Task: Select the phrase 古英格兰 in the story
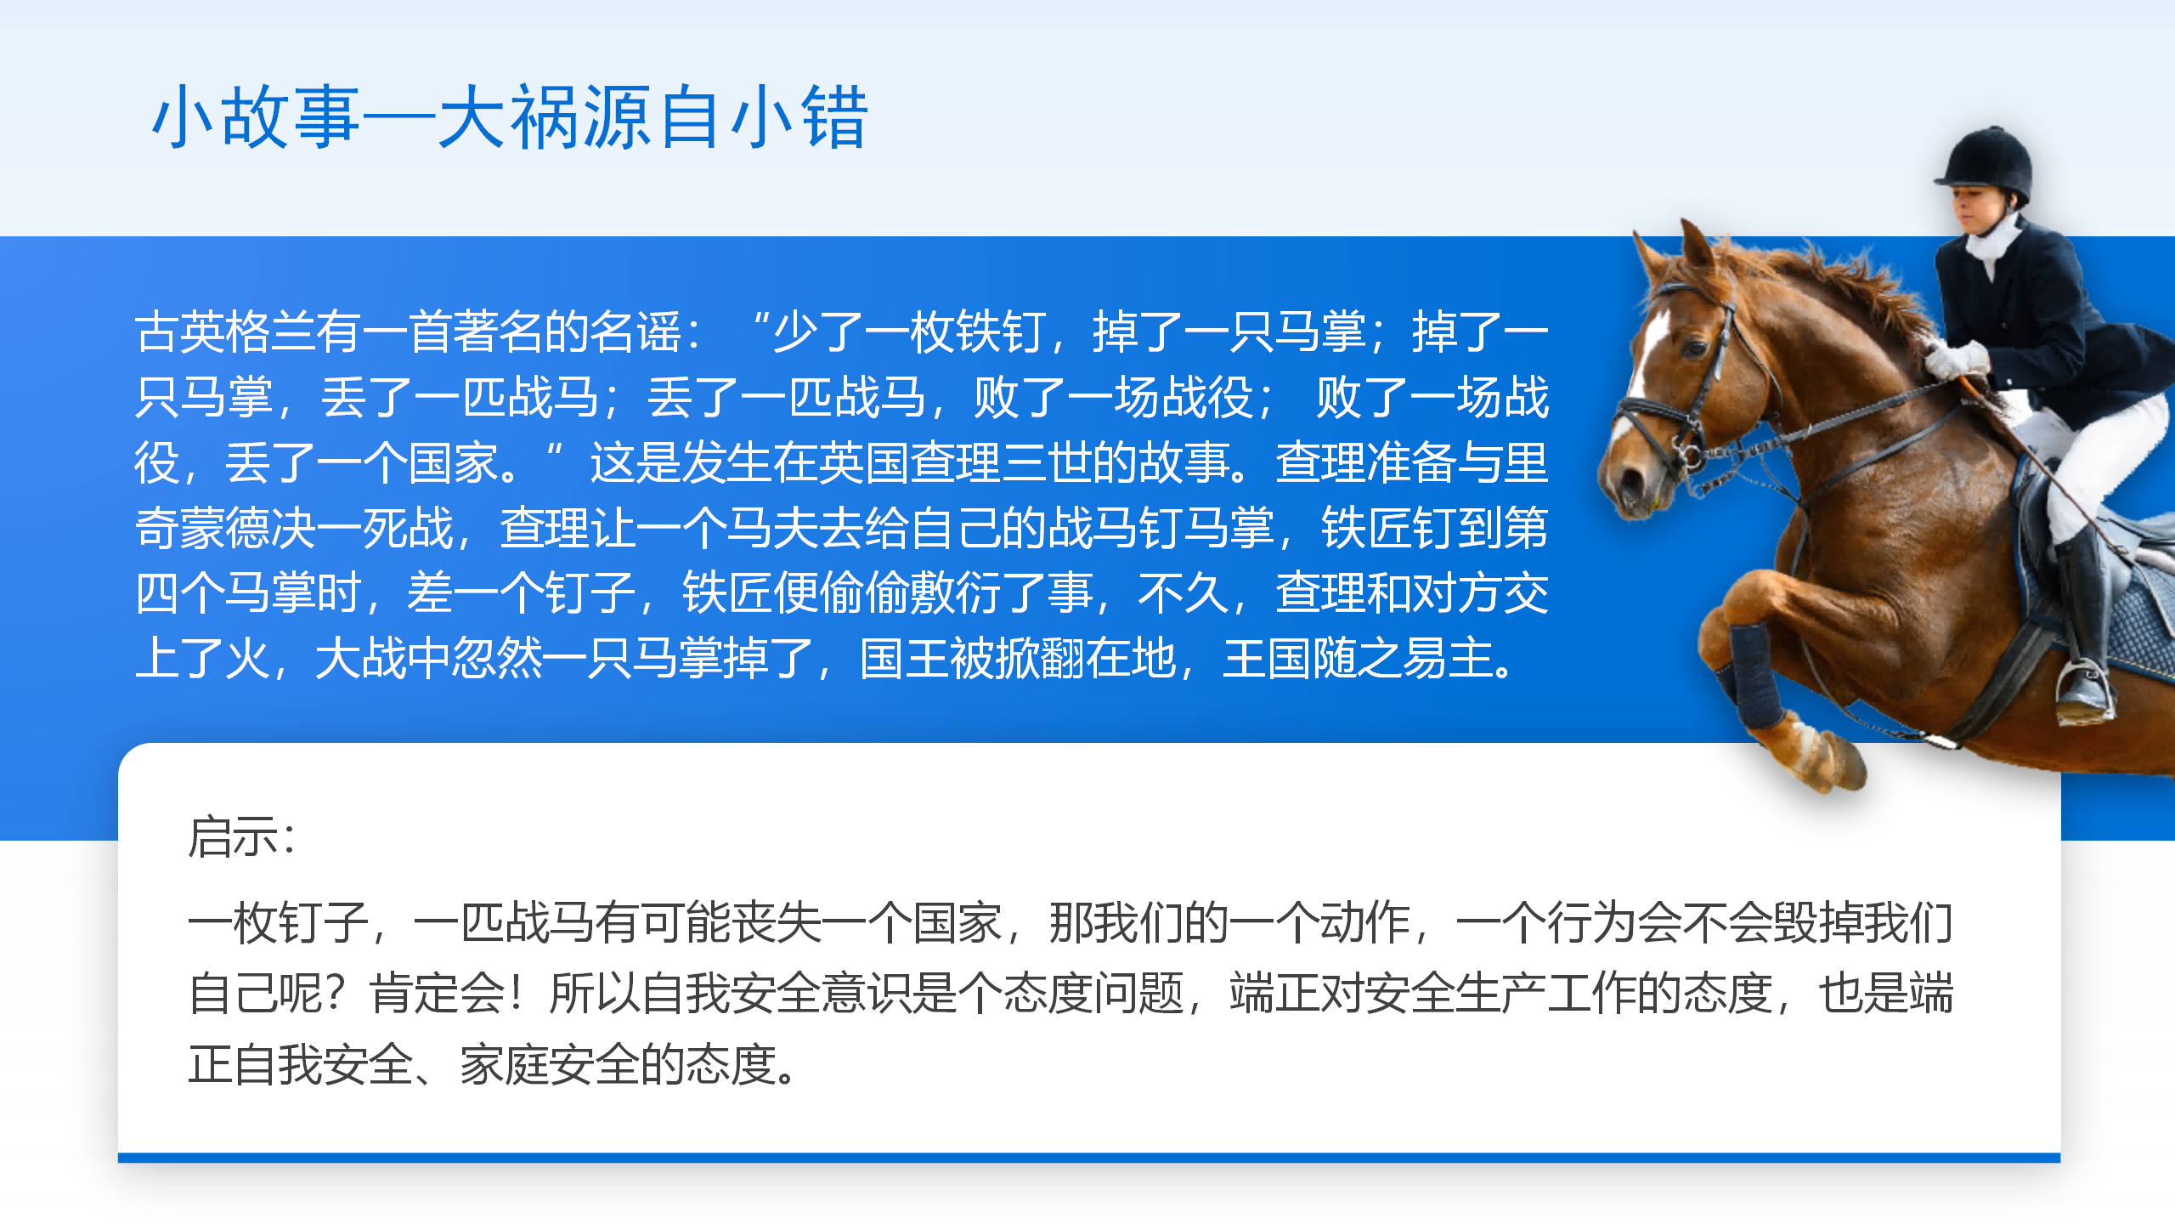(225, 331)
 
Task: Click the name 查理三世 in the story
(1001, 462)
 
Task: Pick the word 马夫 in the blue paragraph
(772, 528)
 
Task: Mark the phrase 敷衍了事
(1002, 593)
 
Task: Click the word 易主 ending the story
(1448, 659)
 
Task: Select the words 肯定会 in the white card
(437, 993)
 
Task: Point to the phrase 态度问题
(1094, 993)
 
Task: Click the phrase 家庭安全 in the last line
(550, 1064)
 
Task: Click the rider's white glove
(1955, 358)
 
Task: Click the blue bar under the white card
(1089, 1158)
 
